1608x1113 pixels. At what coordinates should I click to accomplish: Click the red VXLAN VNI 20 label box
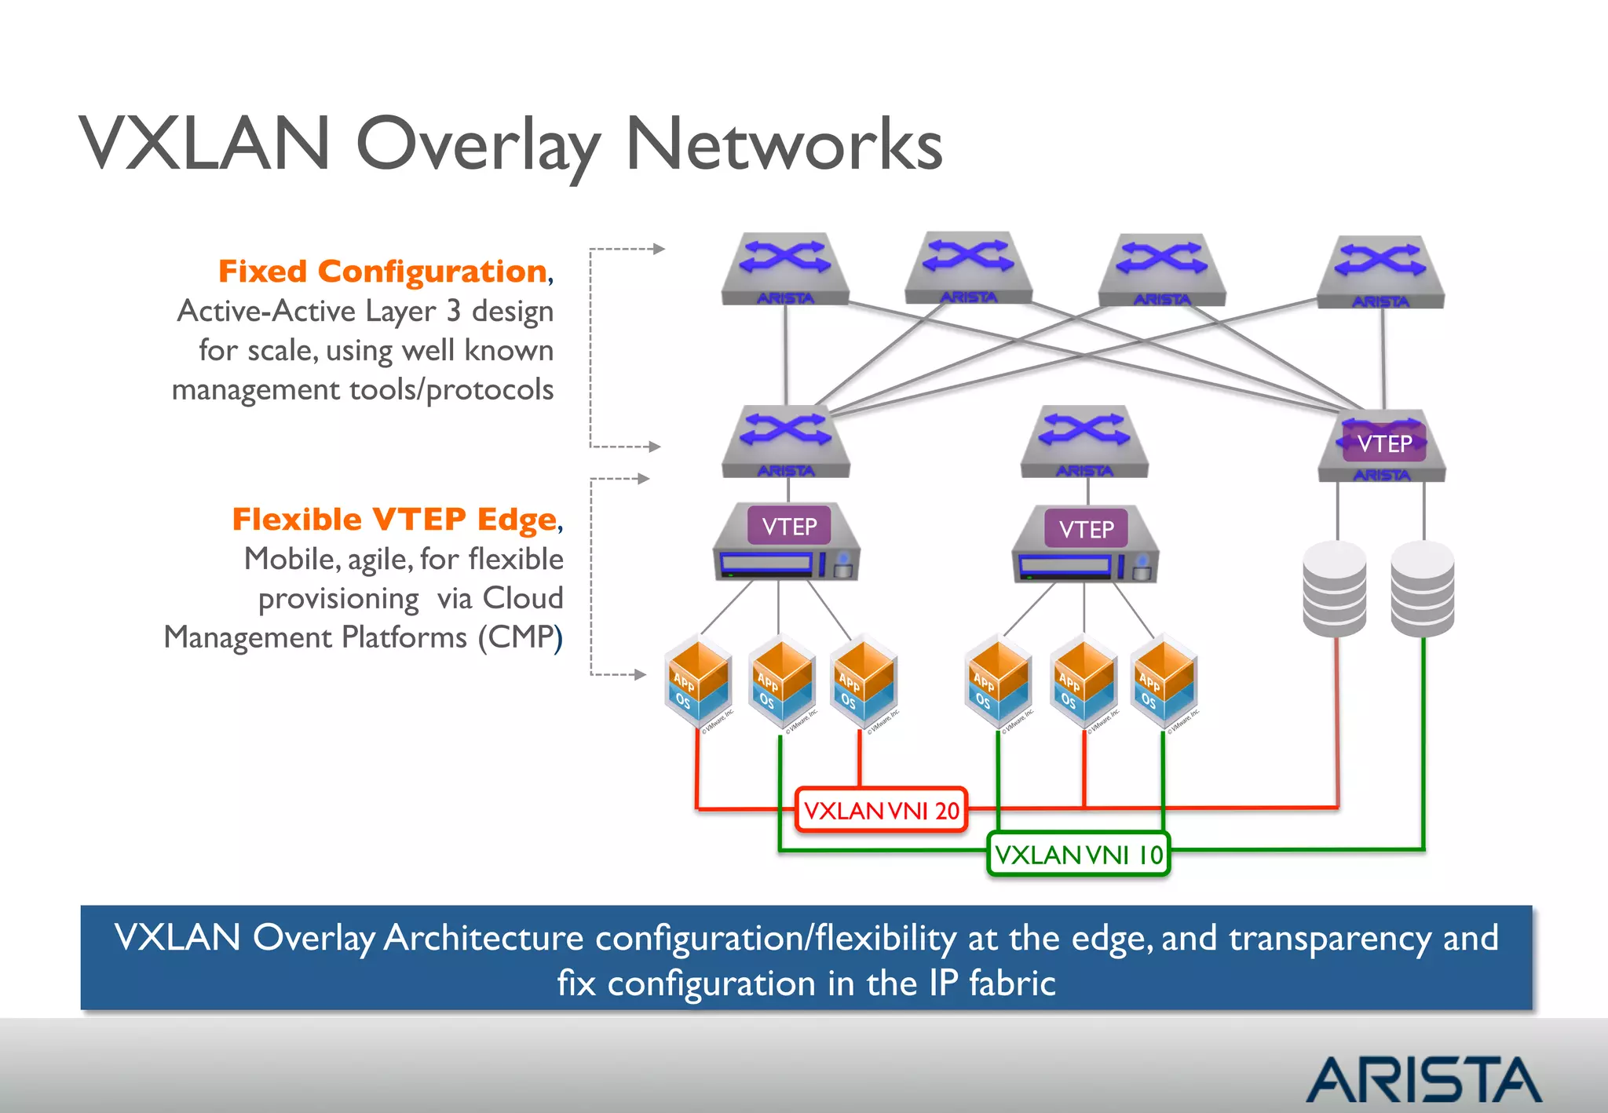pos(881,810)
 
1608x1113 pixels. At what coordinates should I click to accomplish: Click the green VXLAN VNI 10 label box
pos(1078,854)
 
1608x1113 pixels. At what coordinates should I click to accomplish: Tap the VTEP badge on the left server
pos(789,526)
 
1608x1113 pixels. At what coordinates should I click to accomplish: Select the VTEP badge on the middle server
pos(1086,529)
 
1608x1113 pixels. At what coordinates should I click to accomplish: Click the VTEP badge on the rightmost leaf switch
pos(1384,444)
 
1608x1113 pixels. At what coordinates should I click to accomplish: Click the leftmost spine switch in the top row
pos(785,268)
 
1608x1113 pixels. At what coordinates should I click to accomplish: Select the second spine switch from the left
pos(968,267)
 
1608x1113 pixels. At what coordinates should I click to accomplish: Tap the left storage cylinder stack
pos(1334,589)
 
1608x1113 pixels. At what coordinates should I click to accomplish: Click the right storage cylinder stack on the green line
pos(1422,589)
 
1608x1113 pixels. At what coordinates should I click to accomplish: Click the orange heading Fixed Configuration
pos(382,272)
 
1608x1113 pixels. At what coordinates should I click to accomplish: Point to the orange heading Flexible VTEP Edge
pos(394,520)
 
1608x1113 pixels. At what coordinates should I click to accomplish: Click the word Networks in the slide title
pos(784,144)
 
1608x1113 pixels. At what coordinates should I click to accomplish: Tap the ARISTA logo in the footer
pos(1423,1080)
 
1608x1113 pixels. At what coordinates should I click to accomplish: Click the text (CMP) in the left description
pos(521,637)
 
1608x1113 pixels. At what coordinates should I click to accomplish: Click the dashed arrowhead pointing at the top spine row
pos(659,249)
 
